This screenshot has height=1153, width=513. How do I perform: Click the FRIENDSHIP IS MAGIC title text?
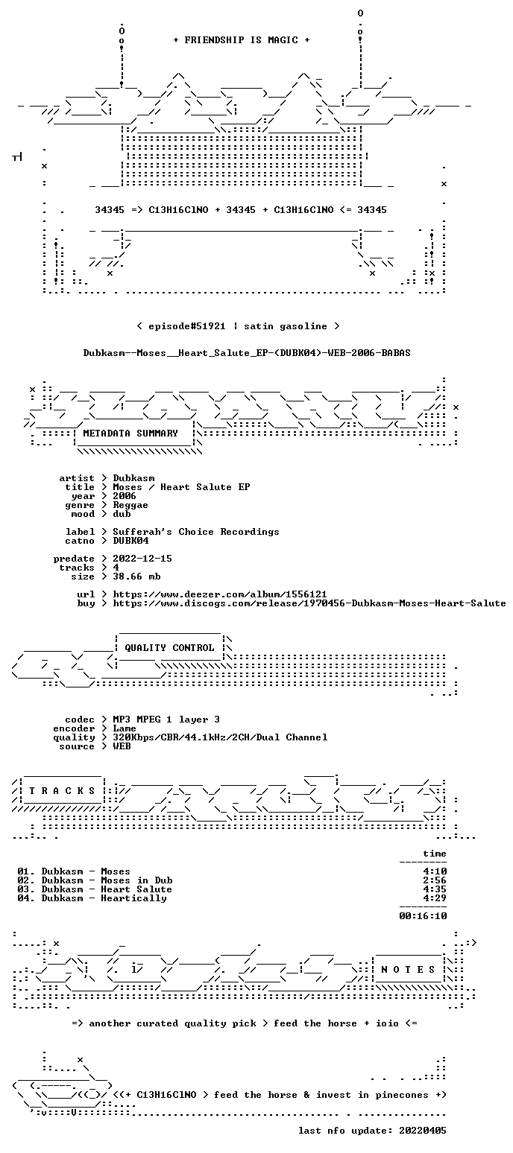pyautogui.click(x=241, y=40)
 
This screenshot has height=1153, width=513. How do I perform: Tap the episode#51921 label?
pyautogui.click(x=186, y=326)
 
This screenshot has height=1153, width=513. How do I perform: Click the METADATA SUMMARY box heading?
pyautogui.click(x=130, y=433)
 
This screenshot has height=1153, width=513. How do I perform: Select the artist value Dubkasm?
pyautogui.click(x=133, y=478)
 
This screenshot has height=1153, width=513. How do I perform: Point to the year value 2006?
pyautogui.click(x=125, y=496)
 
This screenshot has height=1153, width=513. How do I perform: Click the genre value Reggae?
pyautogui.click(x=130, y=505)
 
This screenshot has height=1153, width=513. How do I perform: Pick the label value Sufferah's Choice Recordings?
pyautogui.click(x=195, y=532)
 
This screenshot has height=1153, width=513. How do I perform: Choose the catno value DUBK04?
pyautogui.click(x=130, y=541)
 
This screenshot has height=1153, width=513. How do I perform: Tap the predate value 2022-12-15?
pyautogui.click(x=142, y=559)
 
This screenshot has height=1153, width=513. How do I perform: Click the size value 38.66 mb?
pyautogui.click(x=136, y=576)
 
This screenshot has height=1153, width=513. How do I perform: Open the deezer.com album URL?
pyautogui.click(x=219, y=594)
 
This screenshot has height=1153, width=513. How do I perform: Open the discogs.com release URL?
pyautogui.click(x=309, y=603)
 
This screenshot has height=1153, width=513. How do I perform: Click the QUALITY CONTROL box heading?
pyautogui.click(x=169, y=648)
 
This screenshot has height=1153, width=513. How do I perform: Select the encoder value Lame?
pyautogui.click(x=125, y=728)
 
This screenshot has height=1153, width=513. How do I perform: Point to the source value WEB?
pyautogui.click(x=122, y=746)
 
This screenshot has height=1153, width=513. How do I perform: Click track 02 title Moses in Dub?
pyautogui.click(x=136, y=880)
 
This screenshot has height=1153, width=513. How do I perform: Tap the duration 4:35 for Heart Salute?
pyautogui.click(x=435, y=889)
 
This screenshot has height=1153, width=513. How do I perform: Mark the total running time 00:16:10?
pyautogui.click(x=423, y=915)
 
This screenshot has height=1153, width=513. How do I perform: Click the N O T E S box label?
pyautogui.click(x=408, y=970)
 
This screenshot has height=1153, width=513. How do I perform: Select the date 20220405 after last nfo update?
pyautogui.click(x=423, y=1131)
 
